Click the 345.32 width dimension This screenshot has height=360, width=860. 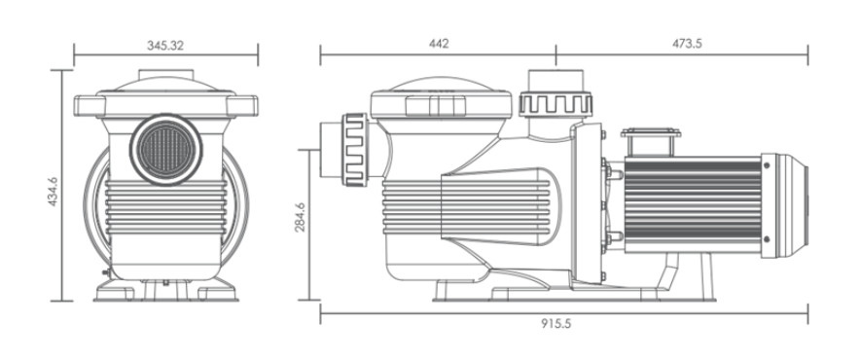pos(166,45)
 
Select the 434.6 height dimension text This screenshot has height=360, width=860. pos(55,185)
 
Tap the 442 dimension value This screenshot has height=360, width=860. pos(440,45)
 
